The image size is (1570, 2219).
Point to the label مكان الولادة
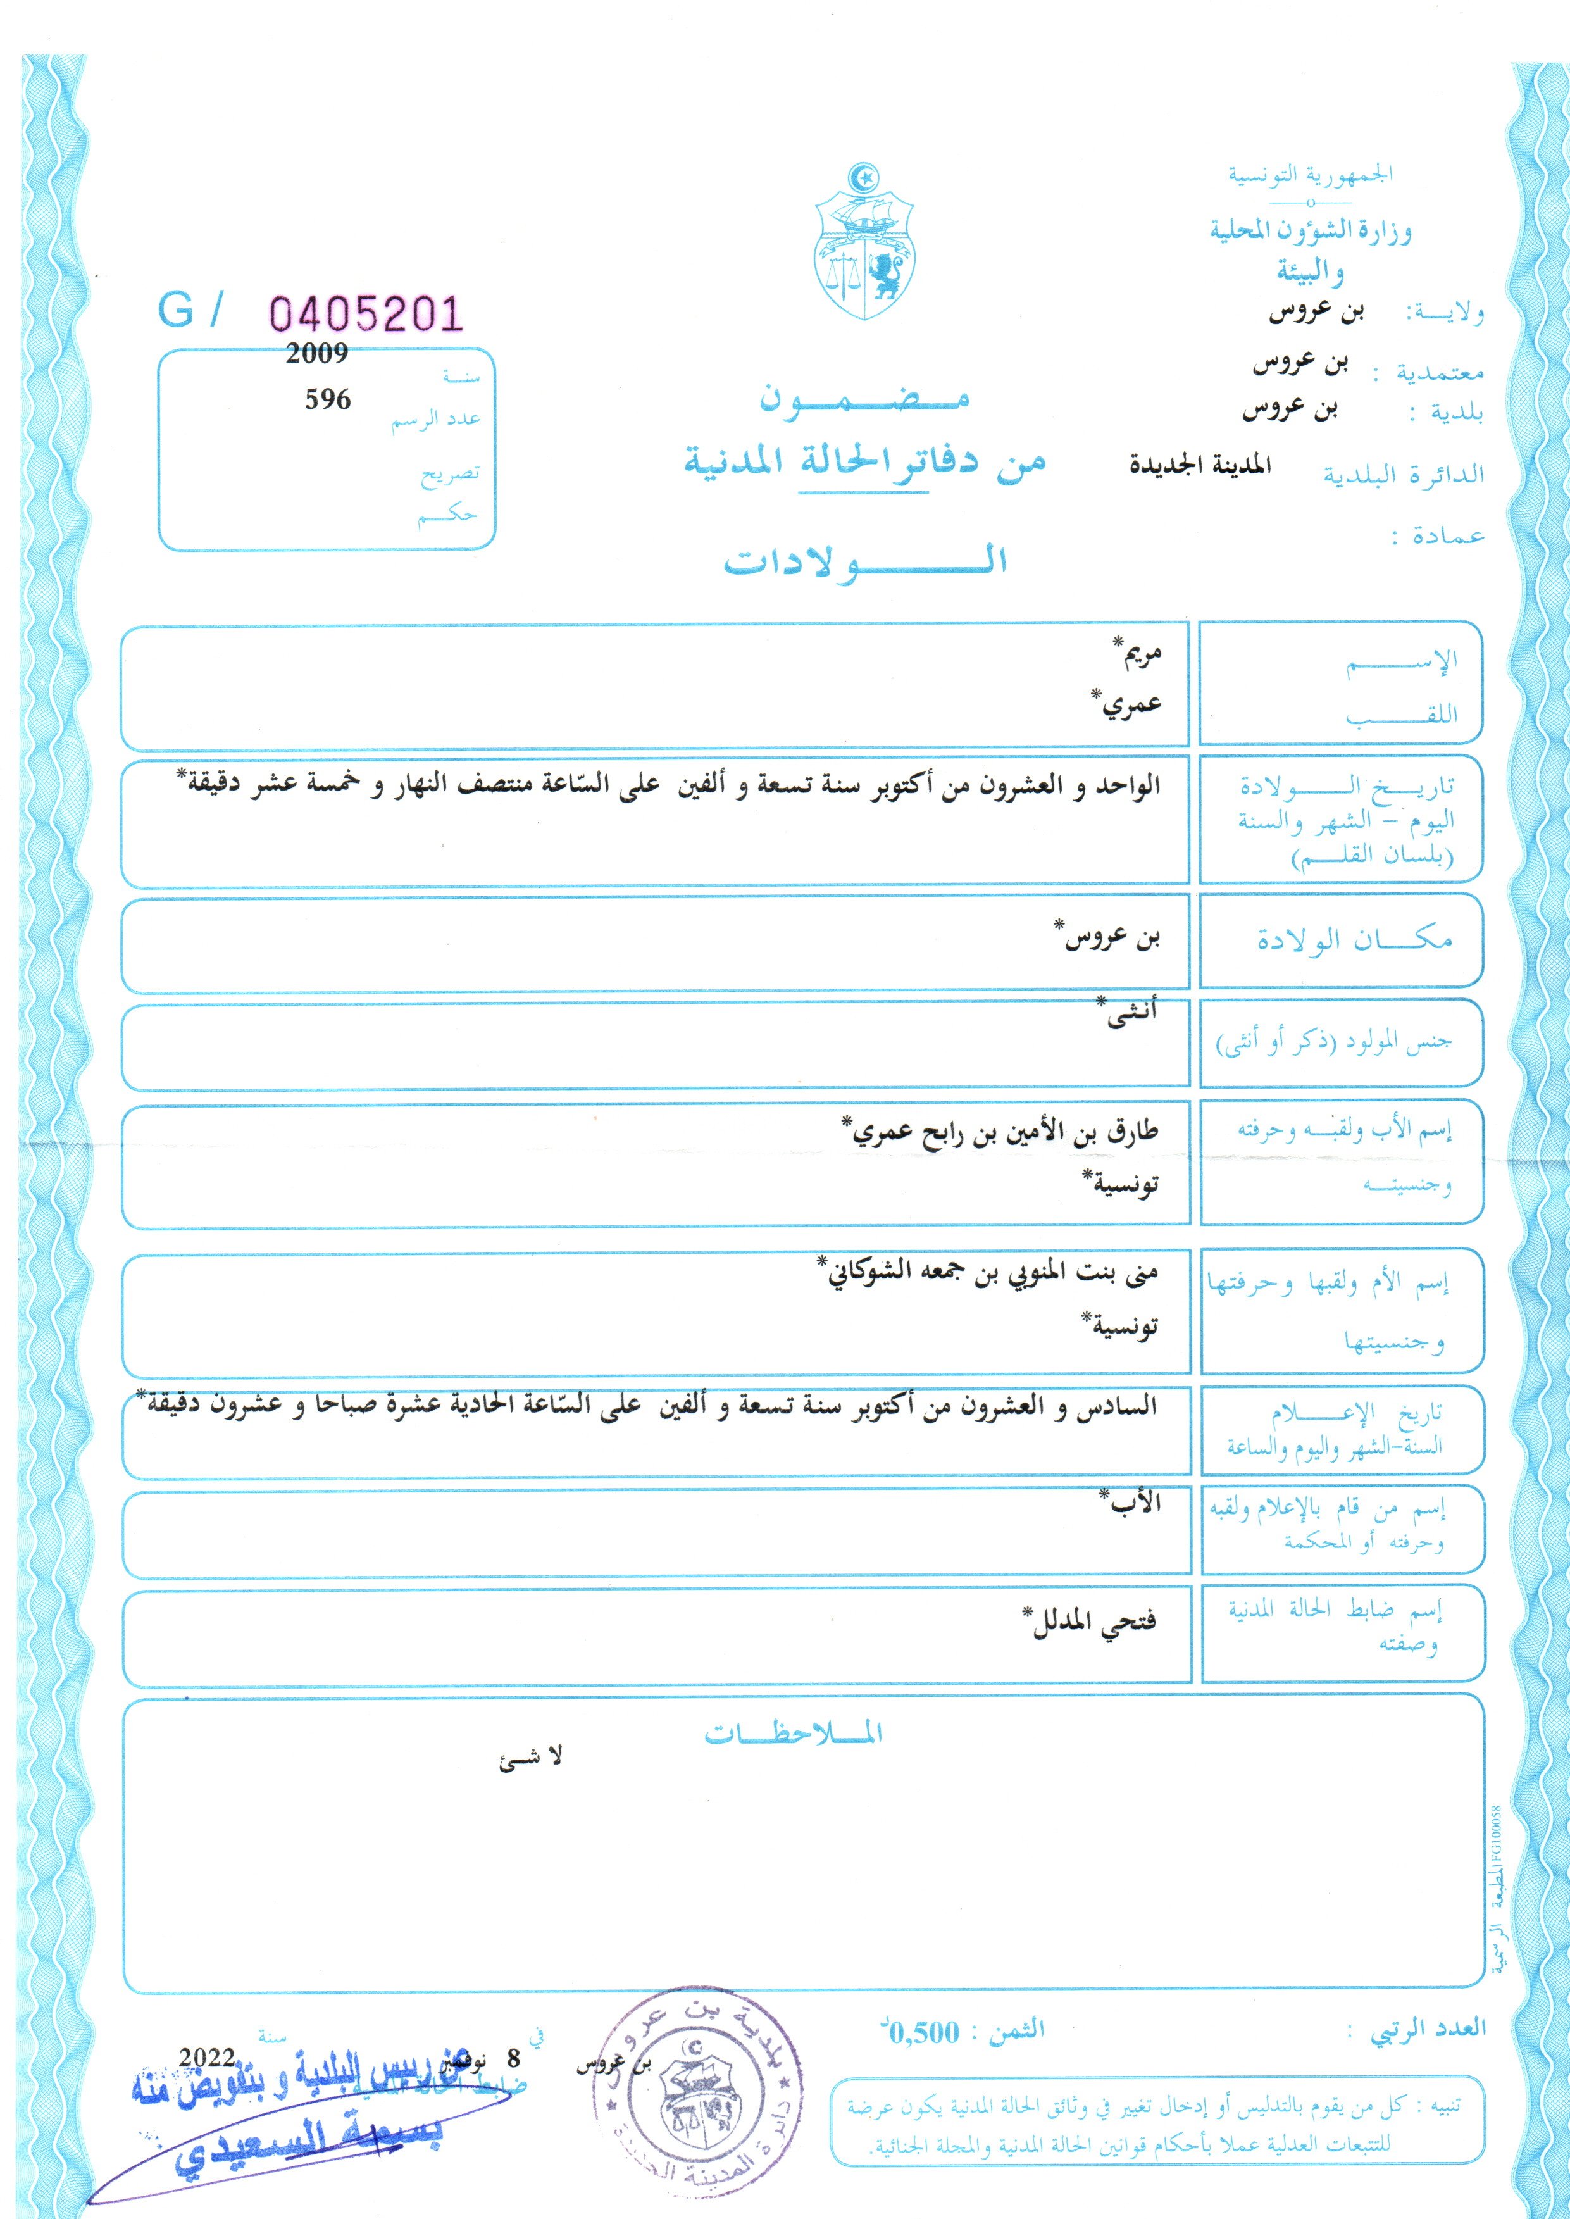coord(1354,938)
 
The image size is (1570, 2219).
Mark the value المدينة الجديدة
coord(1200,465)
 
